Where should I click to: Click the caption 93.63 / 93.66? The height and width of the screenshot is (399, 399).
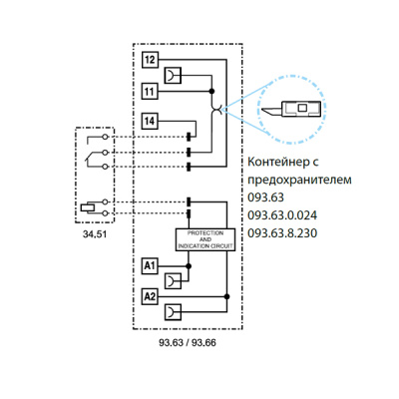coord(189,342)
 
